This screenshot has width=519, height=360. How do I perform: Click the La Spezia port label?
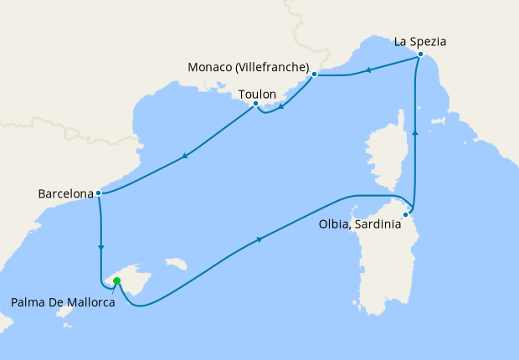coord(420,39)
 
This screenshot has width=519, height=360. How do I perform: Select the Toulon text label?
coord(258,95)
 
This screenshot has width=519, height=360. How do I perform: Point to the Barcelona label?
coord(65,193)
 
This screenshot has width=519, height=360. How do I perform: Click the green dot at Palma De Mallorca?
coord(116,281)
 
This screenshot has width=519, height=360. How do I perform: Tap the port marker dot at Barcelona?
coord(99,193)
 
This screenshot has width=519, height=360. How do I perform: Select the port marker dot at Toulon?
coord(255,104)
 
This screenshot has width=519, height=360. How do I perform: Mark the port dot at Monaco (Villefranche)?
coord(314,75)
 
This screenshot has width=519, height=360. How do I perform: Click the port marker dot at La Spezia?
coord(420,54)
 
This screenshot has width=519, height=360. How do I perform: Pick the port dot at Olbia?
coord(405,215)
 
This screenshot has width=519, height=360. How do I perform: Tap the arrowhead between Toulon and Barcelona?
coord(184,156)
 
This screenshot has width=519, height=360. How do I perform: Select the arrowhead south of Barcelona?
coord(100,246)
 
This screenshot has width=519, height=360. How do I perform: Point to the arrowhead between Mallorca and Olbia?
coord(259,240)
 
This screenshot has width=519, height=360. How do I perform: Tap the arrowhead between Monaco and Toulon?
coord(281,105)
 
